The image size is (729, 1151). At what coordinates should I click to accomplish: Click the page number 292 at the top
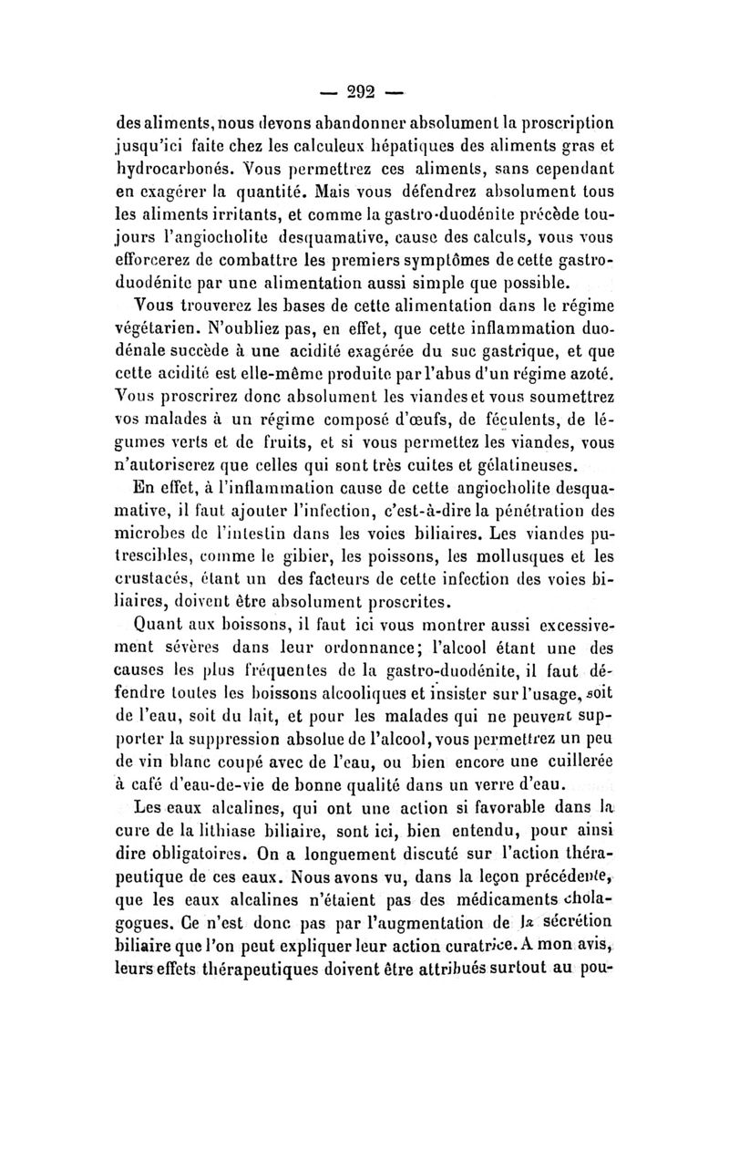[x=364, y=92]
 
